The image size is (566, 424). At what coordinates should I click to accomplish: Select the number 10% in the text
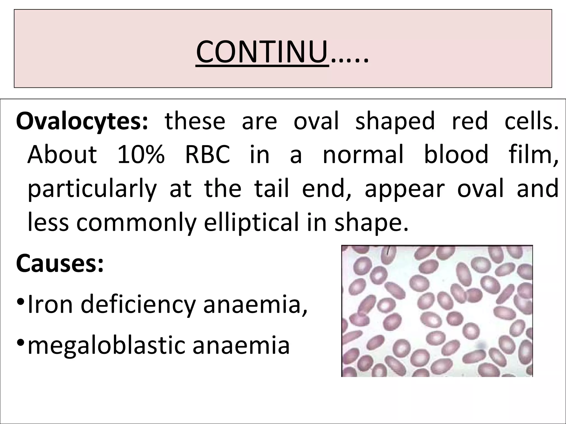pyautogui.click(x=141, y=155)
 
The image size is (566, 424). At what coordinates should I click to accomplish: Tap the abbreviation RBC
pyautogui.click(x=207, y=155)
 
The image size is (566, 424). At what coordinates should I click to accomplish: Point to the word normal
pyautogui.click(x=363, y=155)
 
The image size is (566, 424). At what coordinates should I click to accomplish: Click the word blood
pyautogui.click(x=456, y=155)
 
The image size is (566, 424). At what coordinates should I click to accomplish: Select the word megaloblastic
pyautogui.click(x=106, y=346)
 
